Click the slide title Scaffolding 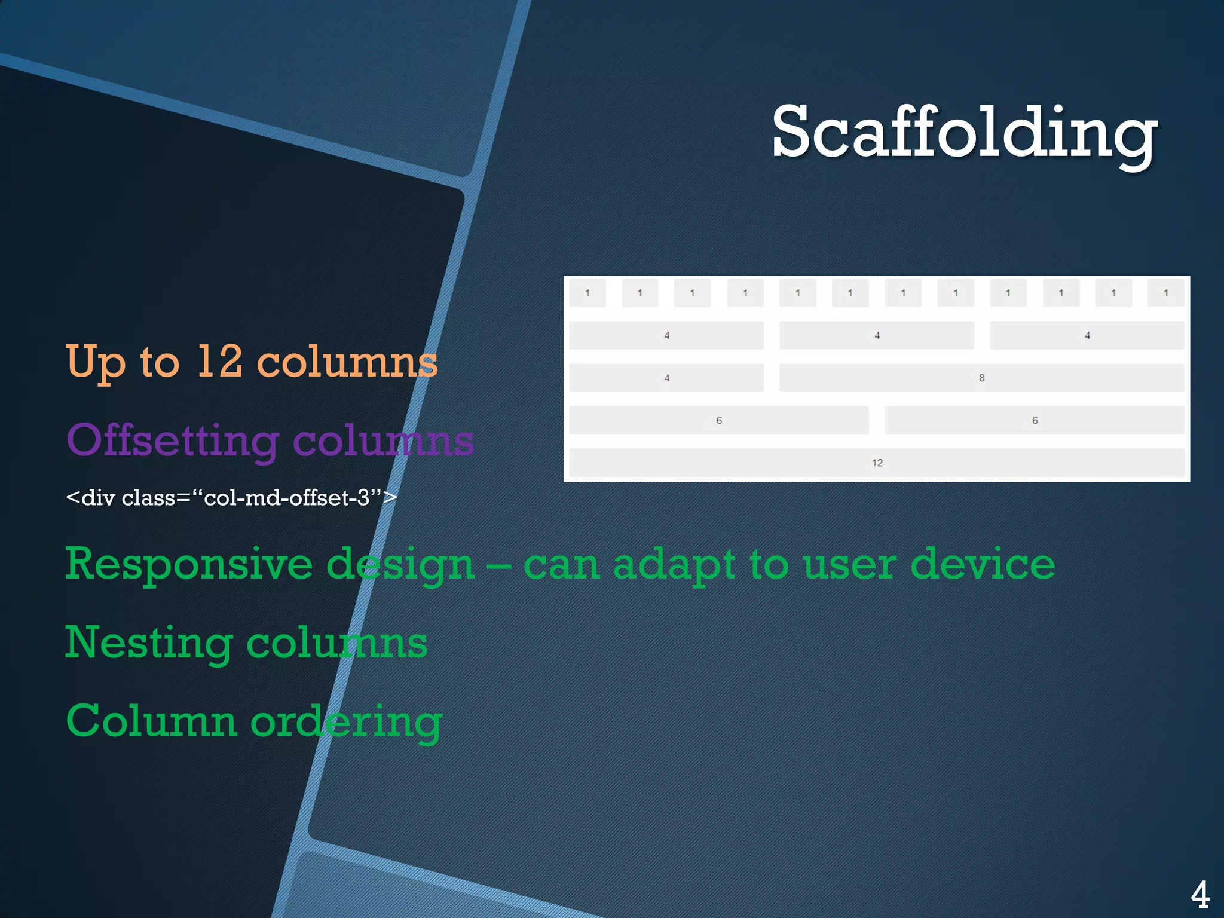(963, 133)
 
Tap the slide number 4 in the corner (1200, 895)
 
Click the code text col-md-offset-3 (287, 498)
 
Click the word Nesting (148, 643)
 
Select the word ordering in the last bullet (346, 722)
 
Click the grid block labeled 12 (877, 463)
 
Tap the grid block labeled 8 (981, 378)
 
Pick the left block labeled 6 (718, 420)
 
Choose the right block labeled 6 (1035, 420)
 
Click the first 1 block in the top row (587, 293)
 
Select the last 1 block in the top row (1165, 293)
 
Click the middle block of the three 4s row (877, 335)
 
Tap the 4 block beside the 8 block (666, 378)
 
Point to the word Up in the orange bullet (96, 362)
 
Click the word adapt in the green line (674, 565)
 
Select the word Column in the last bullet (152, 721)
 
